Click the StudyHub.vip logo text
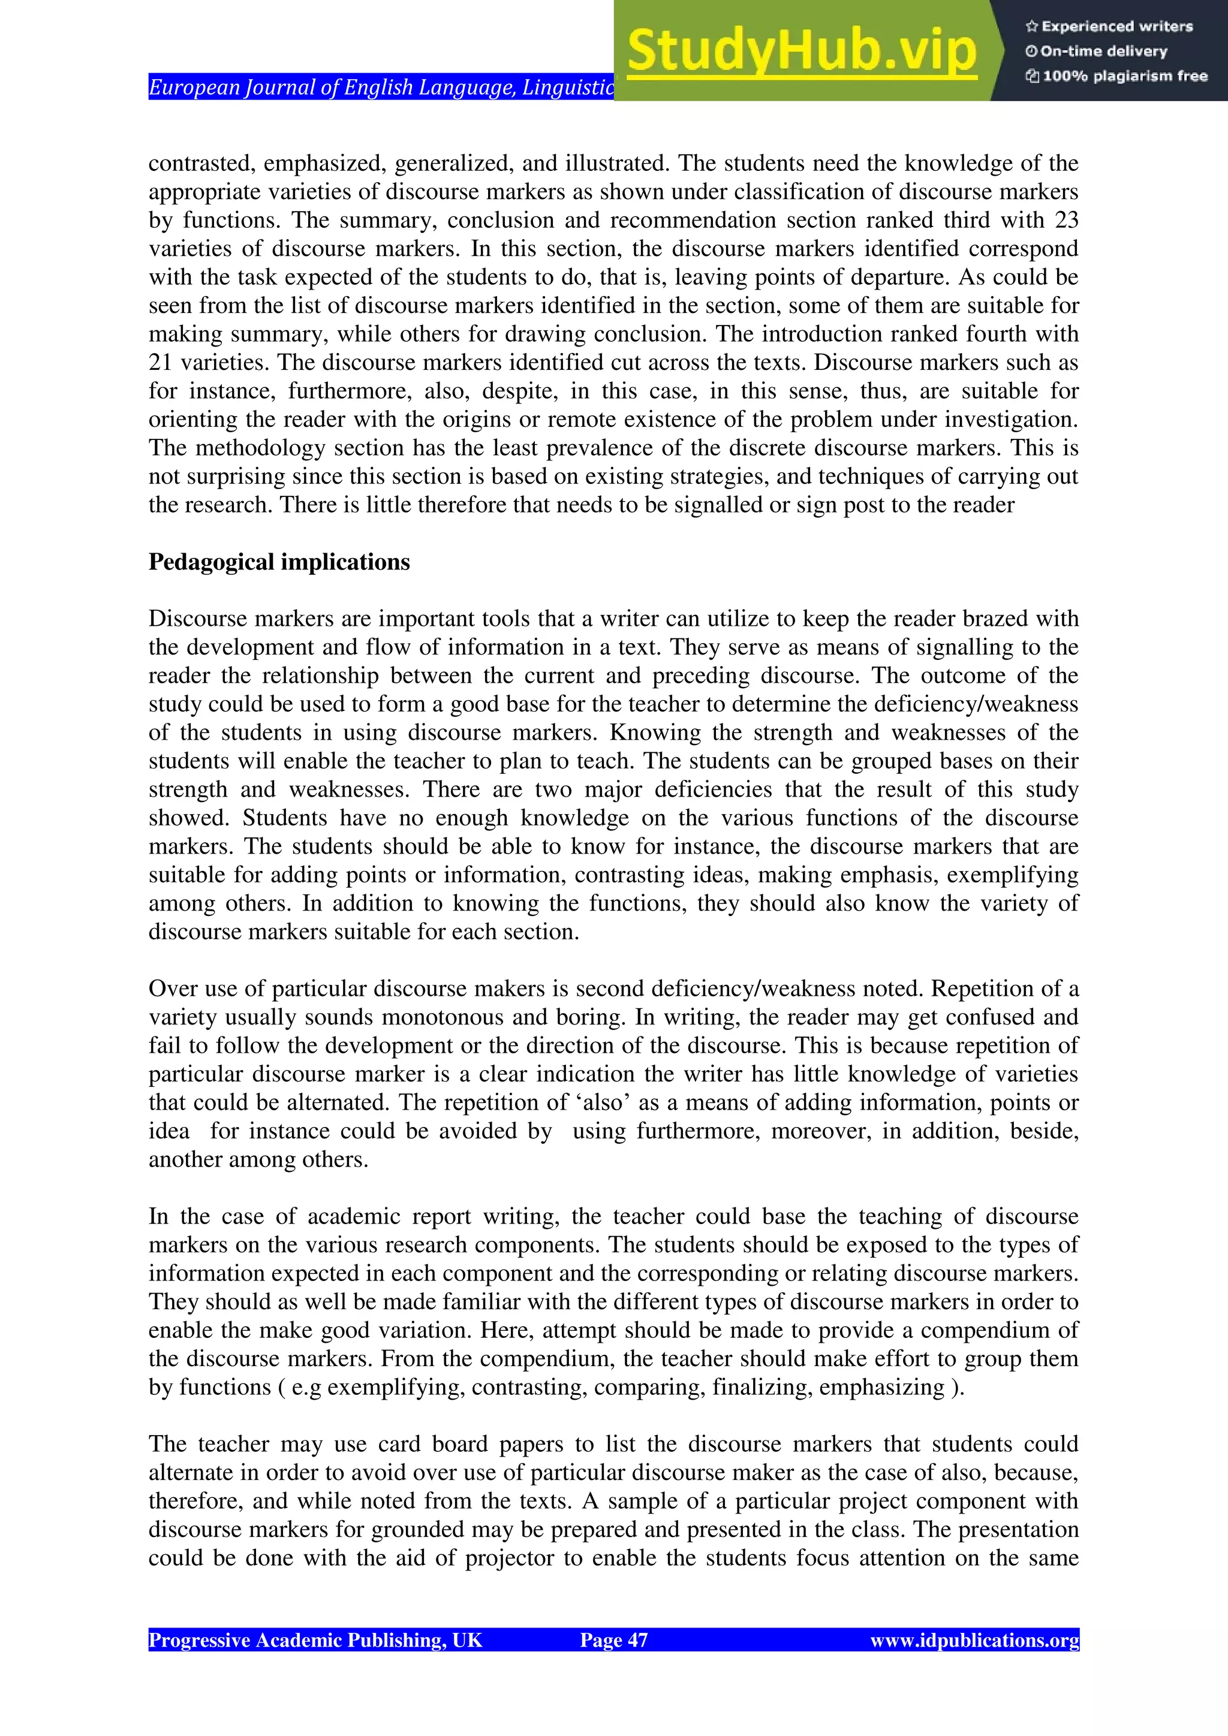coord(802,51)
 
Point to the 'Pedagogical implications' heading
coord(279,562)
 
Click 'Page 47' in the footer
coord(613,1640)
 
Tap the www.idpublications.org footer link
coord(974,1640)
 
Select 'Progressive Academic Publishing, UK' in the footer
coord(315,1640)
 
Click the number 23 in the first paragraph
coord(1066,220)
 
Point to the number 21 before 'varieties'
coord(160,362)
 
